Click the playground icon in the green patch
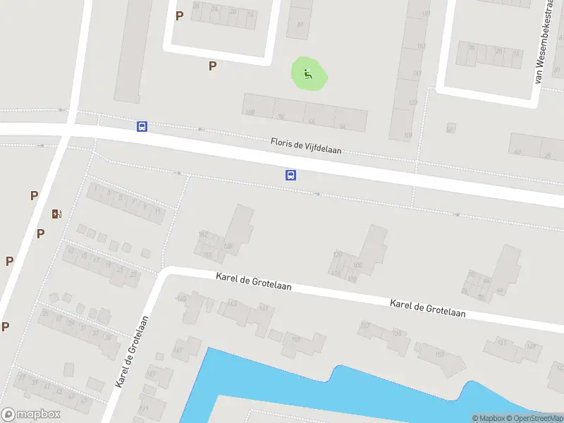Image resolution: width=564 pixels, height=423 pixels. click(x=307, y=73)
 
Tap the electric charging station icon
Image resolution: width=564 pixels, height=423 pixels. click(x=56, y=214)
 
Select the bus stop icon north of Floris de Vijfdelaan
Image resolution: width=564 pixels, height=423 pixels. click(x=142, y=126)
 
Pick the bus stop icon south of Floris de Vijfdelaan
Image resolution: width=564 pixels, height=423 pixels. click(x=290, y=176)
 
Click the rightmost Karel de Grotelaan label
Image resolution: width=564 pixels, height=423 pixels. click(x=428, y=308)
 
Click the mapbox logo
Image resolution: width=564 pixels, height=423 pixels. click(x=31, y=415)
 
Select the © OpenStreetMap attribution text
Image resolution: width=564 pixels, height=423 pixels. click(x=534, y=419)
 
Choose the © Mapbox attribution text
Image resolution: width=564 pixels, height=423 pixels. click(x=489, y=419)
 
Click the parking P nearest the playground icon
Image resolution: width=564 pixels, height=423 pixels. click(x=212, y=66)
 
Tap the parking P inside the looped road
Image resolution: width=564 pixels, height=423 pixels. click(x=179, y=16)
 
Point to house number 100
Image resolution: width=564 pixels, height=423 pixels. click(x=250, y=112)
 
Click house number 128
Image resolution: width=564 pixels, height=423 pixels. click(x=228, y=246)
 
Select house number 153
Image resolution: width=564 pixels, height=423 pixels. click(x=439, y=354)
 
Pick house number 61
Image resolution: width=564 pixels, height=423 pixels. click(x=300, y=25)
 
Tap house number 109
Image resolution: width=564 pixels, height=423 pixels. click(x=357, y=265)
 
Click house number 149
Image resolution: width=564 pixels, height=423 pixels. click(x=530, y=345)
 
